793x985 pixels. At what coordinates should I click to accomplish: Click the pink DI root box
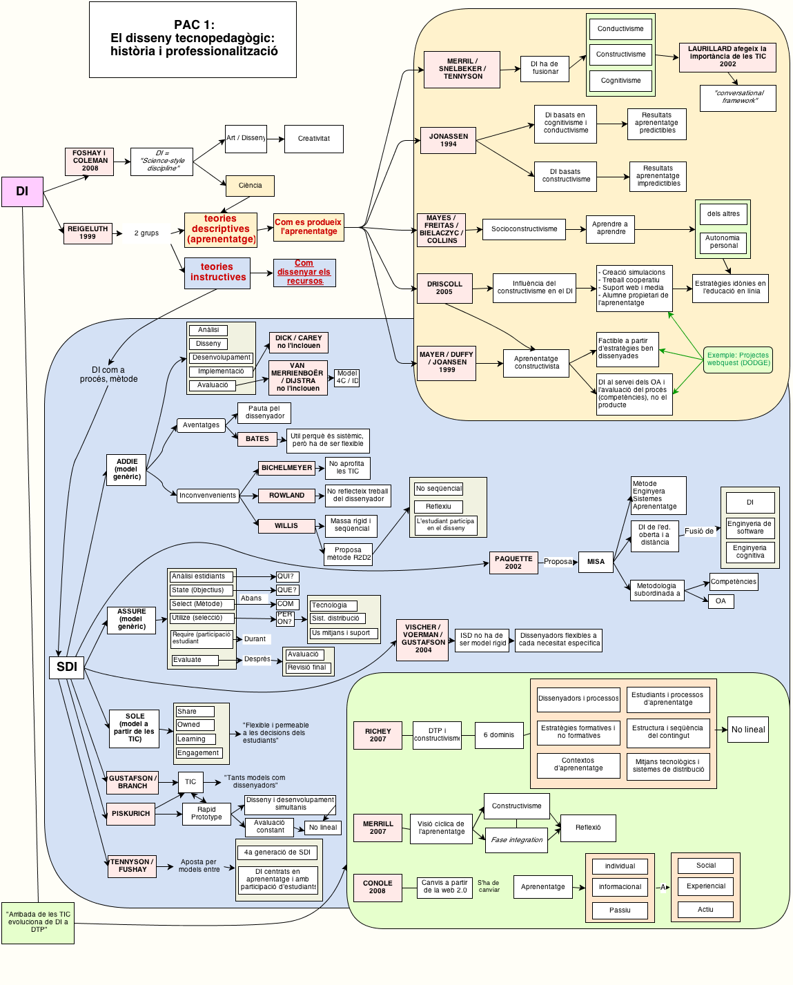click(x=22, y=192)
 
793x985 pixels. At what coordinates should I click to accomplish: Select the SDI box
click(x=66, y=667)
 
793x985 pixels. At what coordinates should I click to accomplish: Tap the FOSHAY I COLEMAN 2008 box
click(x=90, y=161)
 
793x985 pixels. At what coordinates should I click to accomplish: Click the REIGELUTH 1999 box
click(x=88, y=233)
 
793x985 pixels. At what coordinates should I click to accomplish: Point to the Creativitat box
click(x=313, y=139)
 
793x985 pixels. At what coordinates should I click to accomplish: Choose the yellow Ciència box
click(x=250, y=186)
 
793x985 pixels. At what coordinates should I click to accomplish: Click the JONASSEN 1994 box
click(x=449, y=140)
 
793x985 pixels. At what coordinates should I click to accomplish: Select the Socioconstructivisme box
click(x=524, y=229)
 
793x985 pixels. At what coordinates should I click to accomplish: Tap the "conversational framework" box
click(x=738, y=97)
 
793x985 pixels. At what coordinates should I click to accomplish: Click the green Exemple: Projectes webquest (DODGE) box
click(x=738, y=359)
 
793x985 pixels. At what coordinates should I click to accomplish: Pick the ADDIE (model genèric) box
click(x=127, y=469)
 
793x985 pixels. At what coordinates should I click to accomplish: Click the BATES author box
click(x=257, y=439)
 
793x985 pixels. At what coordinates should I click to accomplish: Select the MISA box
click(x=596, y=562)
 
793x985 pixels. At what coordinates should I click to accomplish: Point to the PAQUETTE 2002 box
click(x=513, y=563)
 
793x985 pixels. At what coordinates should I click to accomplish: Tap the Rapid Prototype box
click(x=206, y=814)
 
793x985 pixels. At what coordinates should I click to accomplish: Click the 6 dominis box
click(x=498, y=735)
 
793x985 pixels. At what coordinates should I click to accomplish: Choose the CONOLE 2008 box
click(x=378, y=887)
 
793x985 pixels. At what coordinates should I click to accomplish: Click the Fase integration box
click(x=516, y=840)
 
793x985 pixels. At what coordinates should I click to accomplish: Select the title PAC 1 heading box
click(x=193, y=39)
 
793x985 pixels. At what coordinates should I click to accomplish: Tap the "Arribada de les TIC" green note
click(x=38, y=922)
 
